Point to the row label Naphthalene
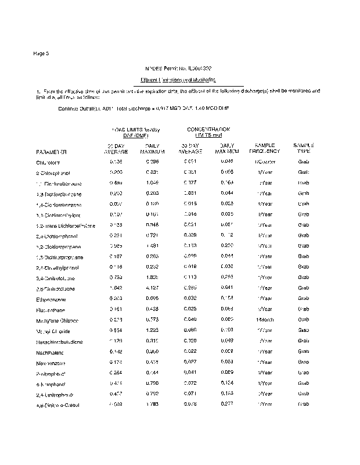pos(50,352)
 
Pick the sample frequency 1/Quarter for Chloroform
pos(265,162)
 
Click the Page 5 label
pos(42,53)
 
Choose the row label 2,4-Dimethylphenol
pos(57,267)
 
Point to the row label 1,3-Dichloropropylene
pos(58,257)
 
